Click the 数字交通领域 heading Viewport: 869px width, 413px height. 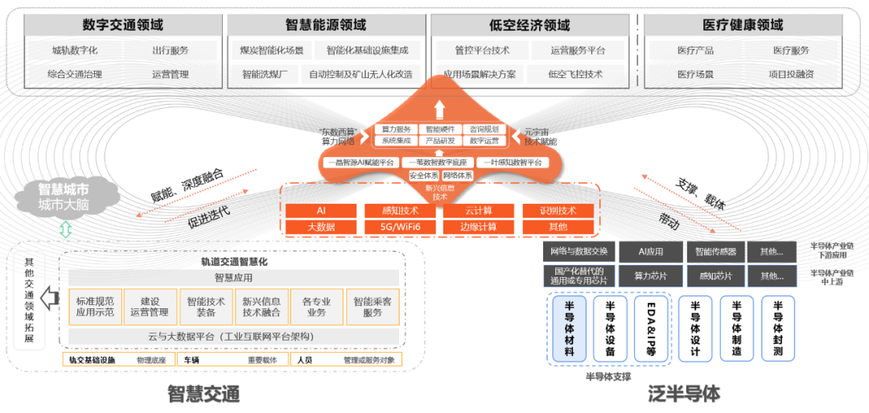click(123, 25)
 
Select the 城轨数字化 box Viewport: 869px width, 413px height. click(75, 51)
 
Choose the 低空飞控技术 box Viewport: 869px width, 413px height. click(575, 74)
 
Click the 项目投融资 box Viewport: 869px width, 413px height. click(791, 74)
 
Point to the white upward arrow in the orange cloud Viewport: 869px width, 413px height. click(439, 109)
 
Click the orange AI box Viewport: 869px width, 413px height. click(320, 211)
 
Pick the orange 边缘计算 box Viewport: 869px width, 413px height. click(479, 227)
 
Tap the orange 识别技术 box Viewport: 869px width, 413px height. click(558, 211)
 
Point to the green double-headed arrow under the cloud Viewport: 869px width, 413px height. click(66, 230)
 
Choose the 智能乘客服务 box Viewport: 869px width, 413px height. click(373, 307)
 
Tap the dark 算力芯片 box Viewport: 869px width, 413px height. click(650, 276)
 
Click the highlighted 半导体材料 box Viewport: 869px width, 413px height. click(570, 328)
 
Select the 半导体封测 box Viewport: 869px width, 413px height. click(777, 328)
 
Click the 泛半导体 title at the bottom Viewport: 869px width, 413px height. click(685, 394)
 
